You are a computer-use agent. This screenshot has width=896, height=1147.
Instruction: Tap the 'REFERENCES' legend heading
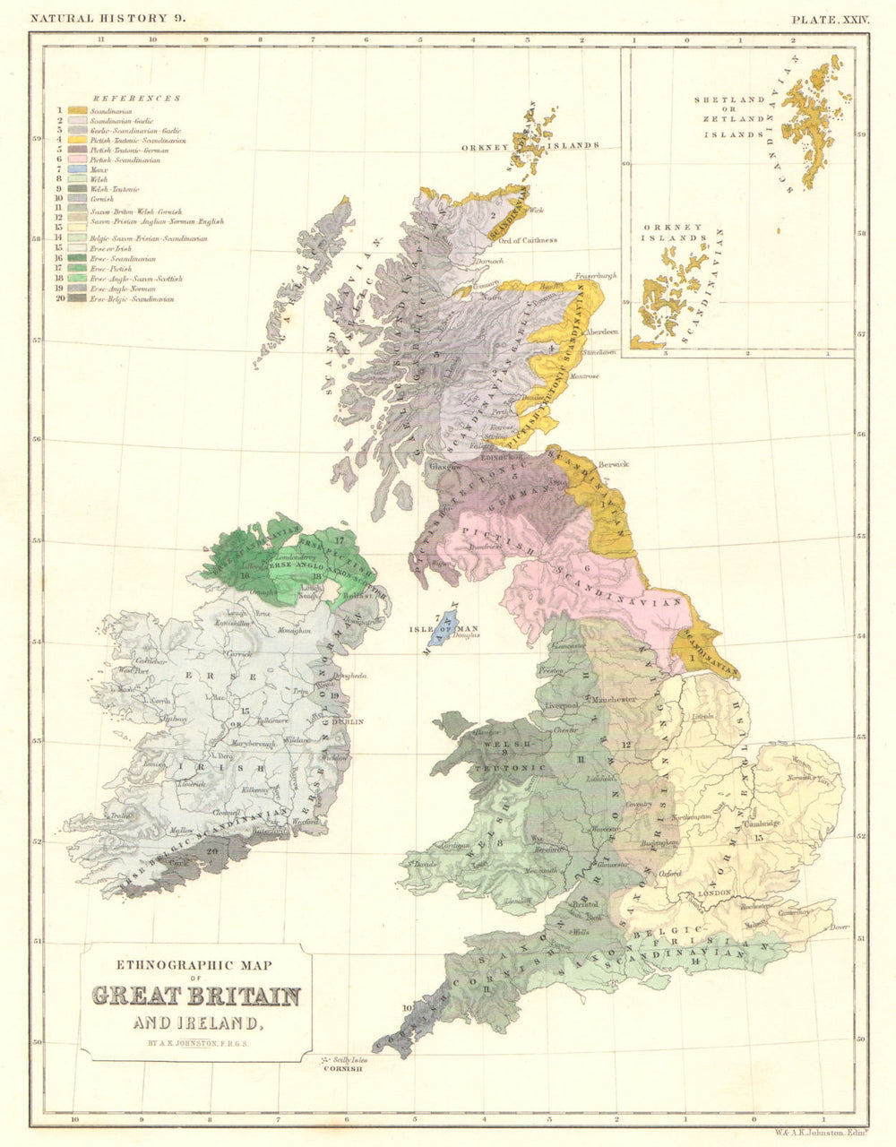coord(136,99)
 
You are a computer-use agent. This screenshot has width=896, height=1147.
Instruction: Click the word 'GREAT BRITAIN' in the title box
coord(196,996)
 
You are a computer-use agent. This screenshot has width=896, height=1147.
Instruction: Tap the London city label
coord(720,893)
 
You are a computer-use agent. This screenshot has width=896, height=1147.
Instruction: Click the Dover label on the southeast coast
coord(838,927)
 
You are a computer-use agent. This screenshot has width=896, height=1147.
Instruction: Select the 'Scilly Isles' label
coord(346,1059)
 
